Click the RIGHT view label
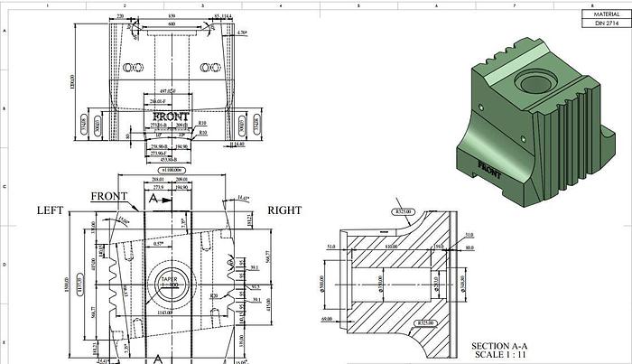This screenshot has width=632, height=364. coord(285,210)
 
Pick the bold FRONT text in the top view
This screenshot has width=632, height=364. coord(171,117)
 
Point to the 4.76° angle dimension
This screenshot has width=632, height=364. coord(242,33)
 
